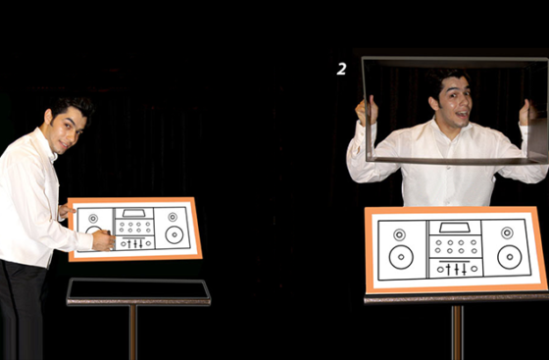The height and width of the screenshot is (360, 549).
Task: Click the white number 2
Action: [341, 69]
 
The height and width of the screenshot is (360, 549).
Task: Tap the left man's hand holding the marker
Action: [103, 240]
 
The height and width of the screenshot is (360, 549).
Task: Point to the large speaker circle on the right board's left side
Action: [401, 257]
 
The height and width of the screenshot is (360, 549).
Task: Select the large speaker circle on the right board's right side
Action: [510, 257]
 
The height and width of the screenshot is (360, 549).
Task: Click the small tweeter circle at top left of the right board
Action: [400, 234]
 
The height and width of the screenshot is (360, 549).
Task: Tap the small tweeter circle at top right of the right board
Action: [507, 232]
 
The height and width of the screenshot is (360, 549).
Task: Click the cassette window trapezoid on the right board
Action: [455, 228]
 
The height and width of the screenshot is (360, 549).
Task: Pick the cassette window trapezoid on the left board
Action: [133, 213]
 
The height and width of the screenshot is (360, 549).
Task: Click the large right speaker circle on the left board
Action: [175, 234]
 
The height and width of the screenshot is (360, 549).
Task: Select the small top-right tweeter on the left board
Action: [173, 217]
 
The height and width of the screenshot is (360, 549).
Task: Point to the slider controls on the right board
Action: [456, 269]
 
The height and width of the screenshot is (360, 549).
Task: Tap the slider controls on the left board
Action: [135, 243]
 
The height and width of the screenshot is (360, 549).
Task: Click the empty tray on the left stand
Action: [138, 289]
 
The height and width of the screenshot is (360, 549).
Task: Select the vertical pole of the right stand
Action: [457, 333]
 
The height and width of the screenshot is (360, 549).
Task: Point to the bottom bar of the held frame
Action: [455, 161]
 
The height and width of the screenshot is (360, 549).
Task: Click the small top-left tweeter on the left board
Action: [93, 219]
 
